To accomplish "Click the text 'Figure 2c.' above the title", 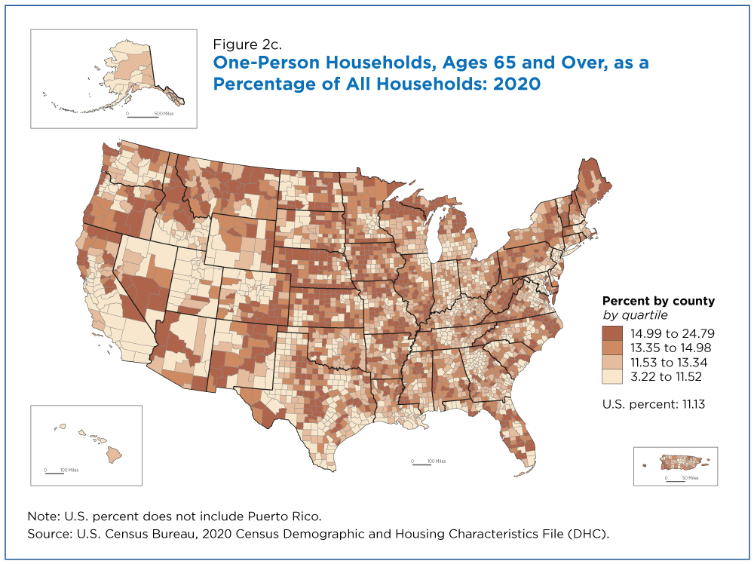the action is pyautogui.click(x=247, y=44).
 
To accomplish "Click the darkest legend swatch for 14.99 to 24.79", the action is pyautogui.click(x=612, y=333).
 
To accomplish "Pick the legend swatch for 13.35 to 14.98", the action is pyautogui.click(x=612, y=348).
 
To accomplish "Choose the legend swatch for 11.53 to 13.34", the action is pyautogui.click(x=612, y=362).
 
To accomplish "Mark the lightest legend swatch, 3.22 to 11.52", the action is pyautogui.click(x=612, y=376).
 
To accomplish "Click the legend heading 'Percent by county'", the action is pyautogui.click(x=658, y=302).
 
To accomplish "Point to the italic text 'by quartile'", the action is pyautogui.click(x=635, y=315).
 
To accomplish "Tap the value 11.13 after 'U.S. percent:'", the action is pyautogui.click(x=694, y=404).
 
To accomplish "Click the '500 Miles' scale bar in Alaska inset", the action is pyautogui.click(x=143, y=116).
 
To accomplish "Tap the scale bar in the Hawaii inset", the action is pyautogui.click(x=54, y=473).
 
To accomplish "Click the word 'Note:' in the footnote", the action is pyautogui.click(x=44, y=517).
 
